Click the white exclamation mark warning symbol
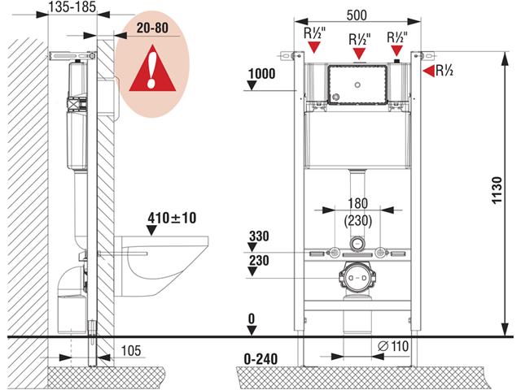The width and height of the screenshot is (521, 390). pos(152,72)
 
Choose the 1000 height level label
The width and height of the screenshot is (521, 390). pos(261,73)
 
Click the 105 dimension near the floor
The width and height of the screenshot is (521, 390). pos(129,350)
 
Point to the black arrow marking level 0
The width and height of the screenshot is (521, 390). pos(253,330)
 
